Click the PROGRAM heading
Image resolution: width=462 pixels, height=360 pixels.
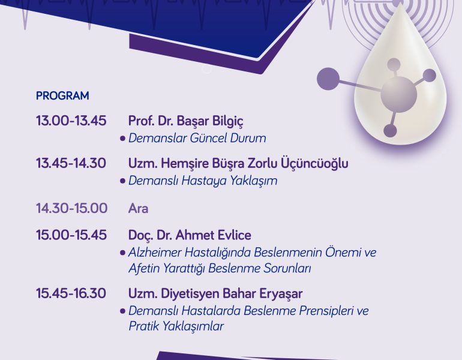[62, 96]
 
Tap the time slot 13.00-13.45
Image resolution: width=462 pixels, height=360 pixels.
[71, 121]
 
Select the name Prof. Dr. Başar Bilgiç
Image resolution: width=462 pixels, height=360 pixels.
[186, 121]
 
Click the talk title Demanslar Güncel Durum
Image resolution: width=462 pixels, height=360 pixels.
[197, 138]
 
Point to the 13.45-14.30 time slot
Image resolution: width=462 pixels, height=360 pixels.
[71, 163]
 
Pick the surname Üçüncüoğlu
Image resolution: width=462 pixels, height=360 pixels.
[314, 163]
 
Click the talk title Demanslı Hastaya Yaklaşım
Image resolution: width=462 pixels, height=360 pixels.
[203, 181]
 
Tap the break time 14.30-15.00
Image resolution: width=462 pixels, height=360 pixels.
[71, 208]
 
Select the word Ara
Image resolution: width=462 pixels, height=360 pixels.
[138, 209]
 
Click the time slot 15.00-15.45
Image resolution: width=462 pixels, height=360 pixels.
[71, 235]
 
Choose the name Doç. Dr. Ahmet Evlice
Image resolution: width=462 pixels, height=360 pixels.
[190, 235]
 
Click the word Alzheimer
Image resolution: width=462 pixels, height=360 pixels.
[155, 253]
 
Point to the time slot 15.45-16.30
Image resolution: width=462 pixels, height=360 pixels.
[71, 293]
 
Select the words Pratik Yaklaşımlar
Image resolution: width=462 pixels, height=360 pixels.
[176, 326]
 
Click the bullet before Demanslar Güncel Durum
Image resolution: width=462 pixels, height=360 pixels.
[122, 139]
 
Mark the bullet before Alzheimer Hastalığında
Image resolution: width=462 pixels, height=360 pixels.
[122, 253]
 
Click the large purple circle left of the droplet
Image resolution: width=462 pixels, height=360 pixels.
[328, 79]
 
